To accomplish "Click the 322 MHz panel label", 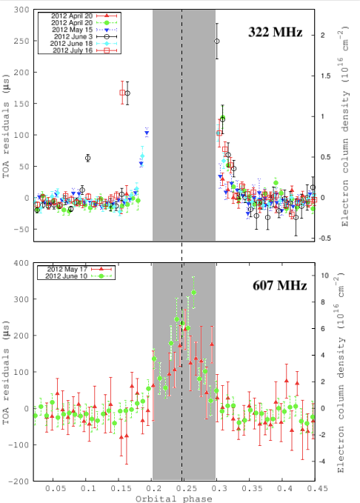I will click(x=276, y=33).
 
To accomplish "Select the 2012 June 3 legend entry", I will click(x=71, y=34).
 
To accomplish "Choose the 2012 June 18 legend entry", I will click(x=71, y=44).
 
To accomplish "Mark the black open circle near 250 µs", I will click(x=217, y=41).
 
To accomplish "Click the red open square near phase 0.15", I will click(x=123, y=93).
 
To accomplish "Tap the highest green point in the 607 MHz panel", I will click(x=194, y=293).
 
